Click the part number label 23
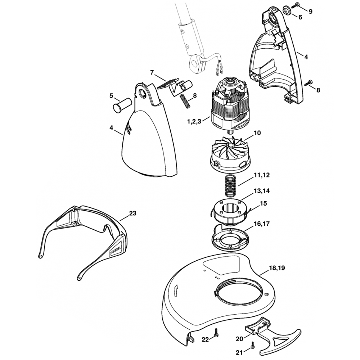132,213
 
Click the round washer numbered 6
287,10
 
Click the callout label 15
263,203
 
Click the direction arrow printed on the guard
175,289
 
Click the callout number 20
240,339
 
